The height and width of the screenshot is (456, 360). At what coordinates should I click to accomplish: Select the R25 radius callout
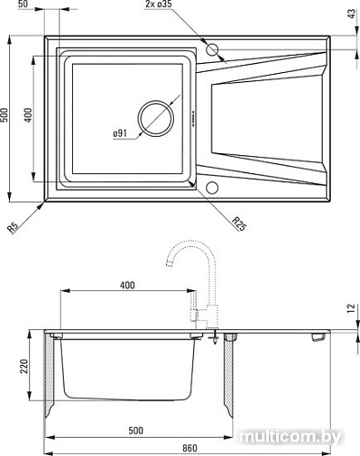(x=238, y=221)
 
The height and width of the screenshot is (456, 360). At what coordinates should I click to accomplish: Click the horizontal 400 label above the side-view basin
(x=127, y=286)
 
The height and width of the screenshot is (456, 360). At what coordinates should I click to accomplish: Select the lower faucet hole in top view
(x=211, y=189)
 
